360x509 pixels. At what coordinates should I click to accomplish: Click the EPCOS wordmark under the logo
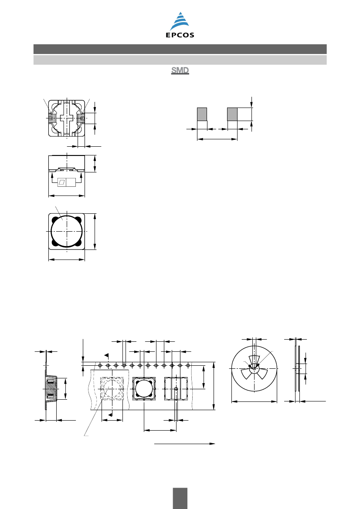[180, 35]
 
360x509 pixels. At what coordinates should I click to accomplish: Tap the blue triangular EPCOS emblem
[180, 21]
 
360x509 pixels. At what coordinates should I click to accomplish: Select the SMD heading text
[180, 71]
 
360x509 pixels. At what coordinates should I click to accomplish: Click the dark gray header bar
[180, 49]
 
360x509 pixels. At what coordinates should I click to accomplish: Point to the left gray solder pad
[202, 114]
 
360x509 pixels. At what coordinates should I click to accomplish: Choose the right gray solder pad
[232, 114]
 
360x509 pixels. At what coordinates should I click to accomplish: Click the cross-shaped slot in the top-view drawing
[67, 118]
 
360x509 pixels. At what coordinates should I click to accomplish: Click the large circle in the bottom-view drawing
[67, 232]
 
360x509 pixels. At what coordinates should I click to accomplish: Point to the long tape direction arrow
[184, 443]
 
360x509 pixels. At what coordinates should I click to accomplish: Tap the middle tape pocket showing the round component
[144, 388]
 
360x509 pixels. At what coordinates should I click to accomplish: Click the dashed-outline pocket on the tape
[112, 388]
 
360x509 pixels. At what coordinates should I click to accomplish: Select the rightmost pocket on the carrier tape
[176, 388]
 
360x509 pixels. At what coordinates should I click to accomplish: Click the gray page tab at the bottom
[180, 498]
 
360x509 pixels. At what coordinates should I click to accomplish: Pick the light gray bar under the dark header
[180, 60]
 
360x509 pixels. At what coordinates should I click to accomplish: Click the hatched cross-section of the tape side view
[51, 388]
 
